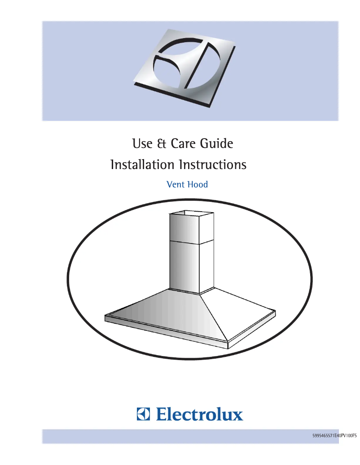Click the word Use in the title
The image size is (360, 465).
tap(141, 144)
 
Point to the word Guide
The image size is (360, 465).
tap(218, 144)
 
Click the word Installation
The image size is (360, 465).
tap(142, 165)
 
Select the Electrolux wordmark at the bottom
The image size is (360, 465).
tap(199, 413)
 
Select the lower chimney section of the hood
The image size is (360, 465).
tap(184, 265)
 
